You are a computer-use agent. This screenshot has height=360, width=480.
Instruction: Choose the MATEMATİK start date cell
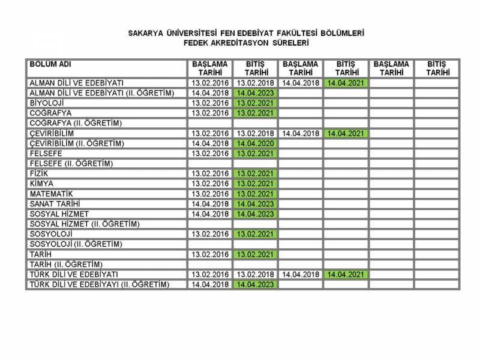tap(210, 194)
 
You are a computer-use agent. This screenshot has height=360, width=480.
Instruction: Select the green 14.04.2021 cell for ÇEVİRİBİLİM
tap(346, 133)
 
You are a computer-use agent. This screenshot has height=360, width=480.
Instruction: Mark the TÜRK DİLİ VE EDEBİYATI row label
tap(74, 274)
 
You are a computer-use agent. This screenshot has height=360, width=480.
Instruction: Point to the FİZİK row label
tap(38, 173)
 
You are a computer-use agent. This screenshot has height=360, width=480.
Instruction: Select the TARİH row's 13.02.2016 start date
tap(210, 254)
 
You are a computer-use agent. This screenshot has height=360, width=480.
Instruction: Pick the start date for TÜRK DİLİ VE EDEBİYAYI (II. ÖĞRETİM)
tap(210, 284)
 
